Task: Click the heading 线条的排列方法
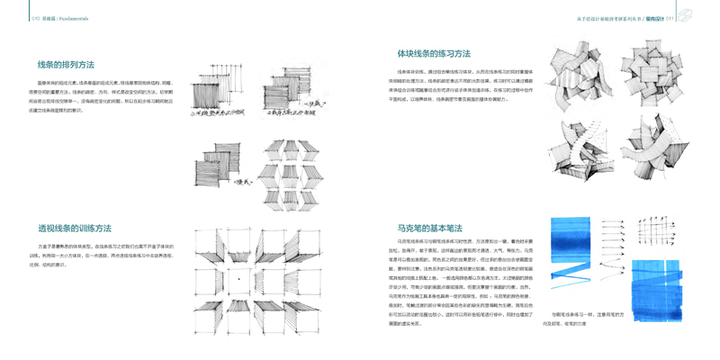pos(66,65)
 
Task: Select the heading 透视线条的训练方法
pos(75,229)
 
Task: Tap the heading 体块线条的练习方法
pos(434,54)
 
